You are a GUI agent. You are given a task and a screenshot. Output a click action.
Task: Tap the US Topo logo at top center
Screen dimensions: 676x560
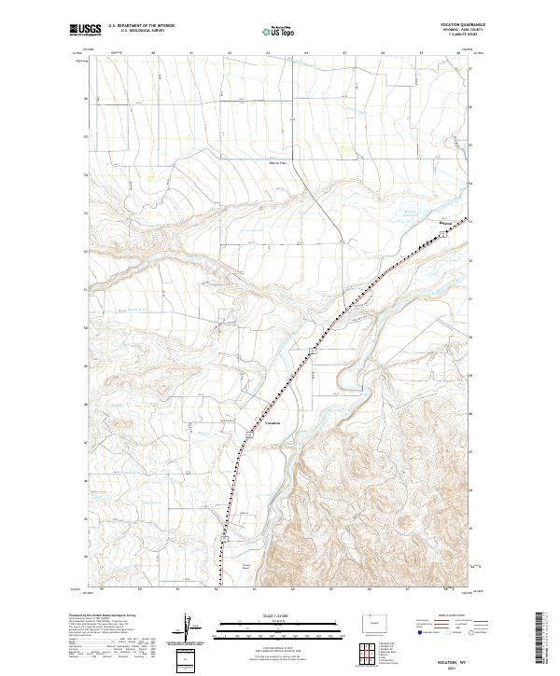click(x=279, y=30)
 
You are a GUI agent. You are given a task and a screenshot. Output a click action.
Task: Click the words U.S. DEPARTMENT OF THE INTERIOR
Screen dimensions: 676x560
click(x=141, y=25)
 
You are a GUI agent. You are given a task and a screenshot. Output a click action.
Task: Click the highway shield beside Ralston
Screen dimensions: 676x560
click(x=444, y=235)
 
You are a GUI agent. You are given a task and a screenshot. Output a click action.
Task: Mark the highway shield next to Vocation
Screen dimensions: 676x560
click(x=251, y=435)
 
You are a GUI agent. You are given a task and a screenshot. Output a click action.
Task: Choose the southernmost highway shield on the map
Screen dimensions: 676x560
click(x=225, y=538)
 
